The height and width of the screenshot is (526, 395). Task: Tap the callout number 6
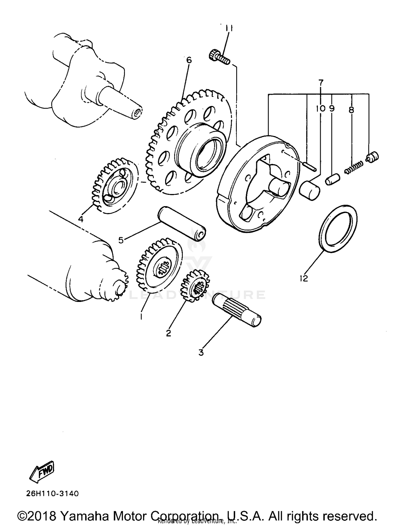189,60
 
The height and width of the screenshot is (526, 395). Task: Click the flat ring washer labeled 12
338,229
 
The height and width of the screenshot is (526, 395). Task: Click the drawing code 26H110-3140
52,493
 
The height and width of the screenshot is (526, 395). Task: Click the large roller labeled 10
310,190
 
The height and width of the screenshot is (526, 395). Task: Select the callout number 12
304,278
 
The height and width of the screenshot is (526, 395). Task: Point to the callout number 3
201,352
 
